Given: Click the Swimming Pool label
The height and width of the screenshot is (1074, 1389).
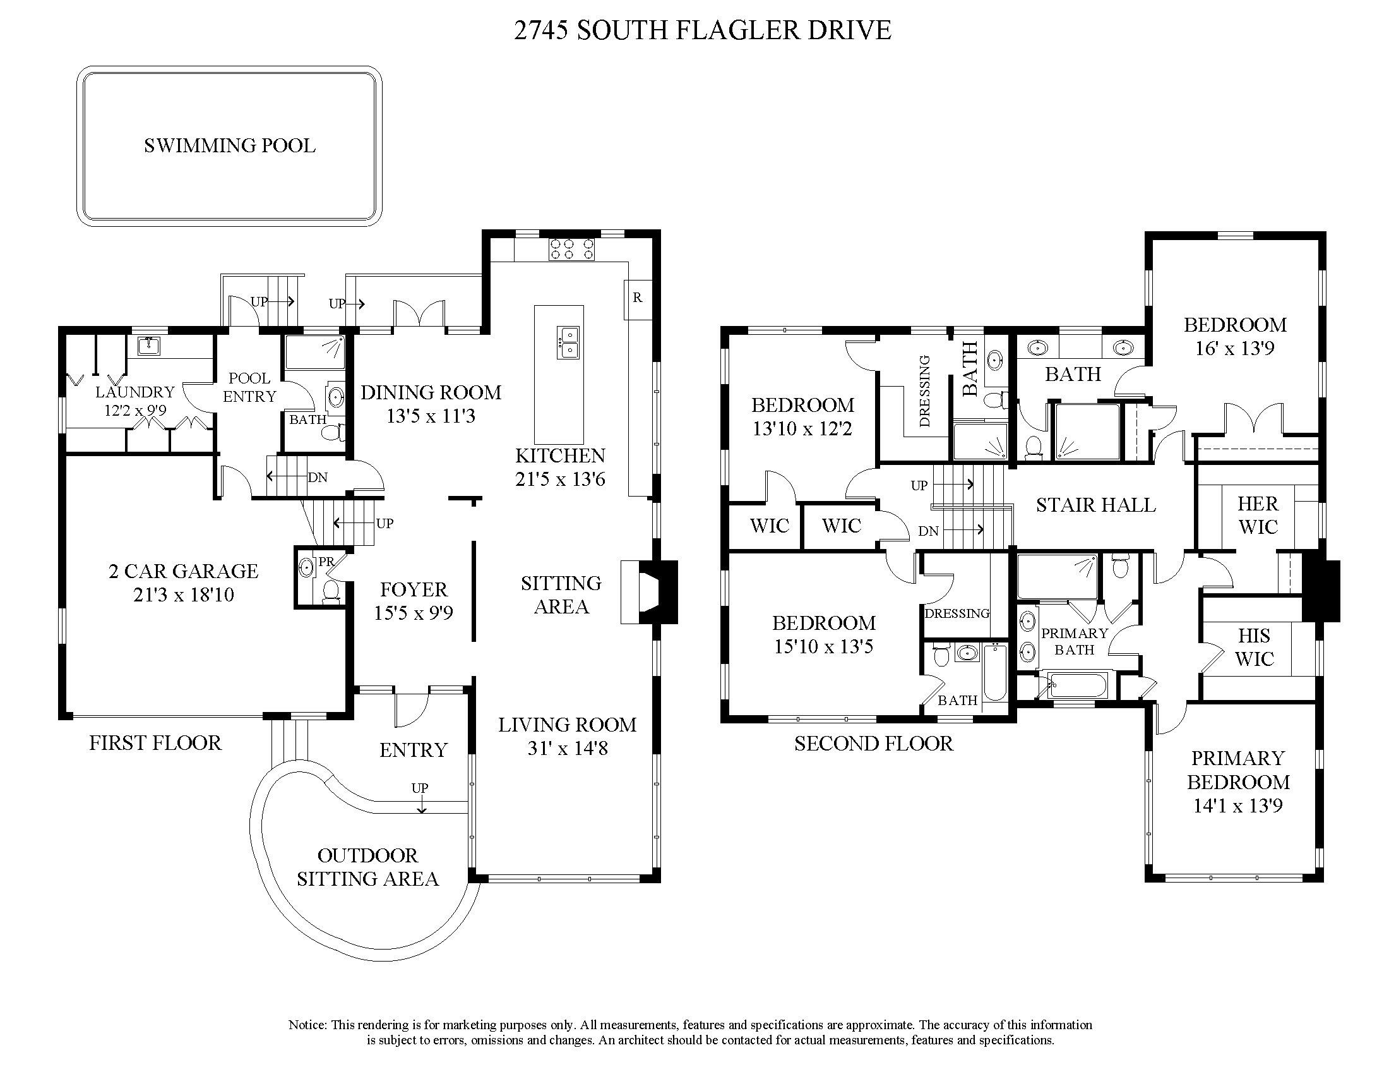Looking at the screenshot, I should pyautogui.click(x=230, y=146).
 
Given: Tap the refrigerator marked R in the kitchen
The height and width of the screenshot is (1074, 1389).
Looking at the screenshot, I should pyautogui.click(x=637, y=298).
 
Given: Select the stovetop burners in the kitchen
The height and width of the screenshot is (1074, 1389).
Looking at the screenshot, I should pyautogui.click(x=572, y=249).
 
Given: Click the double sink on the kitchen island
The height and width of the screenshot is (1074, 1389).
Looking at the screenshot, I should pyautogui.click(x=569, y=342).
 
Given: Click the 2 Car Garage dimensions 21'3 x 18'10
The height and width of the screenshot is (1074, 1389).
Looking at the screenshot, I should pyautogui.click(x=184, y=595).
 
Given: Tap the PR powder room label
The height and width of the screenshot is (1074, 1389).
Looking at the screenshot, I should pyautogui.click(x=326, y=562).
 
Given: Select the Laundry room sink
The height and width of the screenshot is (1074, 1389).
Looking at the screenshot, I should pyautogui.click(x=149, y=347).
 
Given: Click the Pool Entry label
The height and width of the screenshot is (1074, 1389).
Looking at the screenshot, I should pyautogui.click(x=249, y=387).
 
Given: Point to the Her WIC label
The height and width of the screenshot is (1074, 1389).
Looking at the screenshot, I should pyautogui.click(x=1257, y=516).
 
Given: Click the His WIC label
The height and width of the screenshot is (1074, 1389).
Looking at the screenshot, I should pyautogui.click(x=1254, y=647).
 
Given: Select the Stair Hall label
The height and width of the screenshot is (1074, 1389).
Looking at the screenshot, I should pyautogui.click(x=1096, y=505).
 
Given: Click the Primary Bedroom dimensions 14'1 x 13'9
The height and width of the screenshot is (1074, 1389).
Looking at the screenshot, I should pyautogui.click(x=1237, y=806).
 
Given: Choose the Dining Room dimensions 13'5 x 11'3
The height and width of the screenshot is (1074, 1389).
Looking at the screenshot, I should pyautogui.click(x=431, y=416).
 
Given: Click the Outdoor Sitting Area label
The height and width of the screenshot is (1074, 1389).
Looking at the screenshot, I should pyautogui.click(x=367, y=867).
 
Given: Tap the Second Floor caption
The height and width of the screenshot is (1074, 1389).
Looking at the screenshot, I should pyautogui.click(x=873, y=743).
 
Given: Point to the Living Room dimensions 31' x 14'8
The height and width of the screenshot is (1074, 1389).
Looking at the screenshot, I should pyautogui.click(x=568, y=749).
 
